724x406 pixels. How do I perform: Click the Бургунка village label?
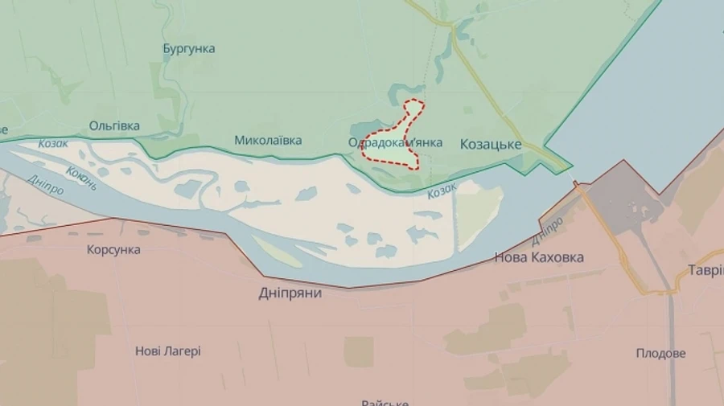click(x=189, y=48)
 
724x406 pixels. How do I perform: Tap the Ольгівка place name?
click(x=114, y=126)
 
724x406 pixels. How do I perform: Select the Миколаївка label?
click(x=268, y=141)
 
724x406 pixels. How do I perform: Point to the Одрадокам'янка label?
click(x=395, y=143)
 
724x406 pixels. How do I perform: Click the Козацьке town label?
click(x=490, y=145)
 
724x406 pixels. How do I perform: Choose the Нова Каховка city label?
click(x=538, y=258)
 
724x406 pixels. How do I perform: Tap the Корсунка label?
click(x=113, y=250)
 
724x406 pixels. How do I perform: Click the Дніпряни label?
click(x=290, y=293)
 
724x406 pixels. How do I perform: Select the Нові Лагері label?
click(x=168, y=351)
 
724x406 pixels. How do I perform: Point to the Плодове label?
click(x=660, y=354)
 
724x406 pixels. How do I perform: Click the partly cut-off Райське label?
click(x=385, y=402)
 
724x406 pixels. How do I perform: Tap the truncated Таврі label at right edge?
click(x=705, y=271)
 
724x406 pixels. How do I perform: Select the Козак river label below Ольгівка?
click(x=54, y=143)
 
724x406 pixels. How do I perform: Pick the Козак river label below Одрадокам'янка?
click(x=442, y=190)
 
